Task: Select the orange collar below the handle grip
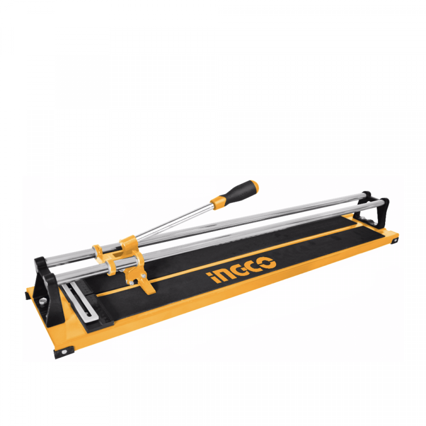(x=219, y=203)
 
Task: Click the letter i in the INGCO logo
(x=210, y=278)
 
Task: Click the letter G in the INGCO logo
(x=236, y=271)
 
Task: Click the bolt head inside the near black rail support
(x=42, y=301)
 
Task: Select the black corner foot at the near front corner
(x=64, y=352)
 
